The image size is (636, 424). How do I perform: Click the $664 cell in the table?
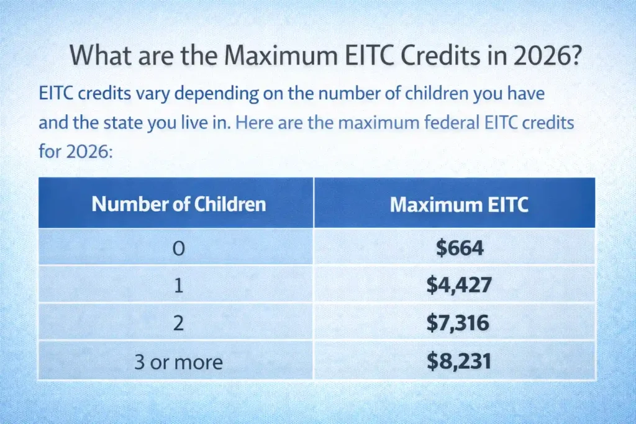(x=459, y=248)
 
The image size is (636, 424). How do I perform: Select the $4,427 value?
(x=459, y=285)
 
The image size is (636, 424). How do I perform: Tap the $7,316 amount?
(x=459, y=323)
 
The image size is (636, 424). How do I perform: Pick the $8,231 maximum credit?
(x=459, y=361)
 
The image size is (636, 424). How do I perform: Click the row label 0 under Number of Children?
(x=178, y=248)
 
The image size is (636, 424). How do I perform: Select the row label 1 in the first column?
(x=178, y=285)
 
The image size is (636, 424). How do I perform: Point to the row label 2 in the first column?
(x=178, y=323)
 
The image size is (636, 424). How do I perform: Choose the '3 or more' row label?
(x=178, y=361)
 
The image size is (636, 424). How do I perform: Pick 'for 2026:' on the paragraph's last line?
(x=75, y=150)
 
